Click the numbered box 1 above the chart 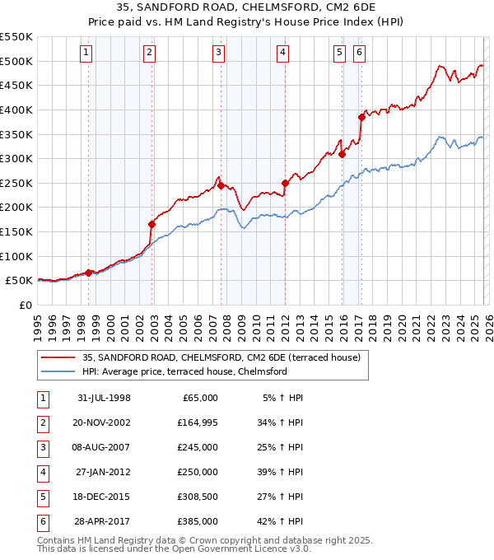(87, 54)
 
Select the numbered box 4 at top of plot (282, 54)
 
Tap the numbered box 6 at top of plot (360, 54)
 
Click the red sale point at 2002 (151, 224)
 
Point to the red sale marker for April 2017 (361, 117)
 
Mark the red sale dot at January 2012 (285, 183)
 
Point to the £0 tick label (25, 305)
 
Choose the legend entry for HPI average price (184, 371)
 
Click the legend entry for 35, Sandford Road (214, 357)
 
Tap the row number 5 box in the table (42, 497)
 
